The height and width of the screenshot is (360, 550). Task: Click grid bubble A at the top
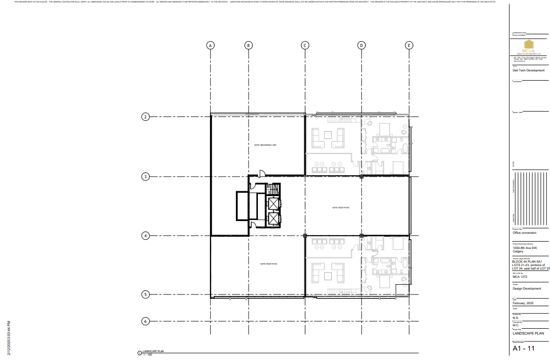pos(210,45)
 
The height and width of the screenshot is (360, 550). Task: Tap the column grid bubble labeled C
pos(304,45)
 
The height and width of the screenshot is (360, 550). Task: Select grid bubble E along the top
pos(409,45)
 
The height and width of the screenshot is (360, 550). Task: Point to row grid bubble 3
pos(145,177)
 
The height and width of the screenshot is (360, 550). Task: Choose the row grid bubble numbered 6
pos(145,321)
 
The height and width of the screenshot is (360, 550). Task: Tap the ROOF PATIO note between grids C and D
pos(341,207)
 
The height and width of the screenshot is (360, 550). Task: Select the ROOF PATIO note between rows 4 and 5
pos(269,264)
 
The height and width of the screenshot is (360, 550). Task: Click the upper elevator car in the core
pos(273,203)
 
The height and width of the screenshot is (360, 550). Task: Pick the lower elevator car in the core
pos(273,219)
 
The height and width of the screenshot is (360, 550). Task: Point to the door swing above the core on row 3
pos(262,172)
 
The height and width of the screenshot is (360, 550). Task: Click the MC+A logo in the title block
pos(528,49)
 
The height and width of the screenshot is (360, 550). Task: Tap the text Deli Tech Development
pos(528,70)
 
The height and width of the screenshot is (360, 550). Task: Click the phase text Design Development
pos(527,289)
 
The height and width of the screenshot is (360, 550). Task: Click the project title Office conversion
pos(524,233)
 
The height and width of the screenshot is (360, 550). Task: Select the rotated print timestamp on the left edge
pos(9,338)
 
